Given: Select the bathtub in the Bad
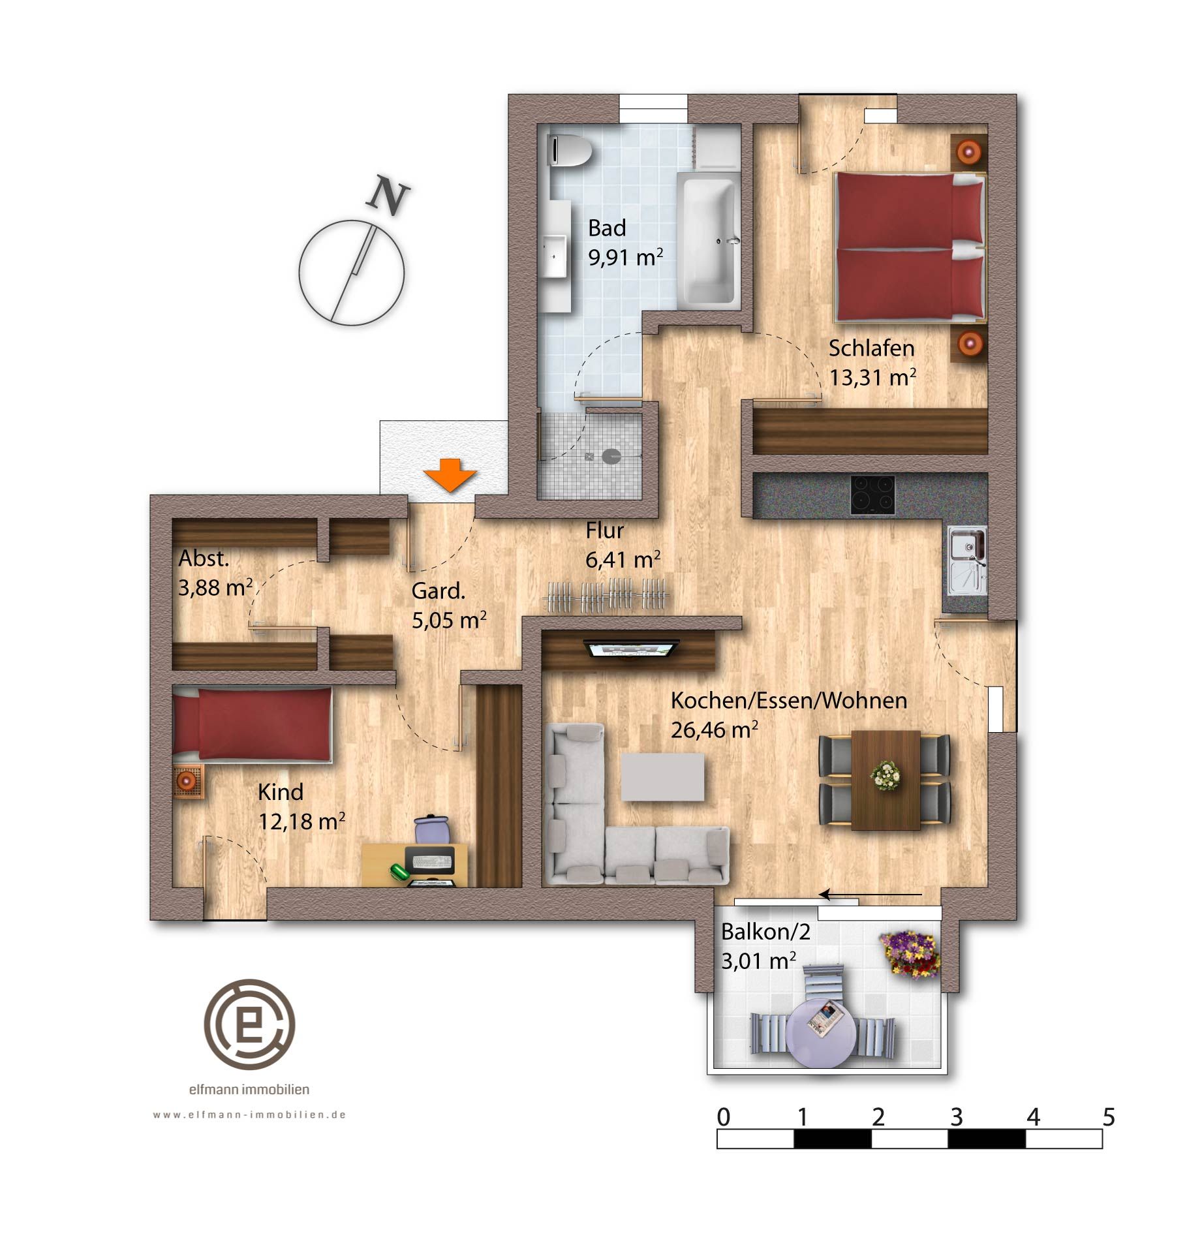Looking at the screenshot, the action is pos(709,240).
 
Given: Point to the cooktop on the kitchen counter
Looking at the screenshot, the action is pos(872,495).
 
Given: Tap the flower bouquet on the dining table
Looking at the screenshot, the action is pos(886,775).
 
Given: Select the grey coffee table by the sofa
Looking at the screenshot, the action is pos(662,776).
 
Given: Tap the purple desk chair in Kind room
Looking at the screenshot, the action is pos(433,830).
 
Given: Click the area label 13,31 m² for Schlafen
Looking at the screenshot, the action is pos(872,377).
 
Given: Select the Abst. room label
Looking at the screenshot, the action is pos(204,559).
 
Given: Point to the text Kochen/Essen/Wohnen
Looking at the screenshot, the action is pos(789,701).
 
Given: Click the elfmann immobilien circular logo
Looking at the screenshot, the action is pos(250,1024).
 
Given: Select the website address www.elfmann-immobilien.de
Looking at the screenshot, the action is pos(249,1115).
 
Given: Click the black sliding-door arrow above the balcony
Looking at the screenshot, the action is pos(871,895).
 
